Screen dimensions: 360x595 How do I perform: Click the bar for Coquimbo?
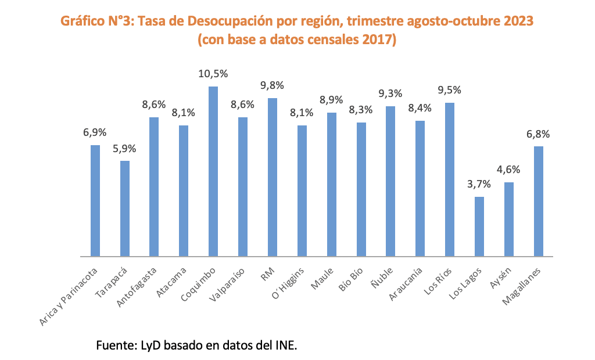click(x=213, y=171)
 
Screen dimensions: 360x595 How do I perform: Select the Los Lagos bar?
click(x=479, y=226)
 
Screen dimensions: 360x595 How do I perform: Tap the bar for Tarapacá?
click(x=124, y=208)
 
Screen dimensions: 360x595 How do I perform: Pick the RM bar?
click(x=273, y=177)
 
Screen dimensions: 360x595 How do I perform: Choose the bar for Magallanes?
click(x=538, y=201)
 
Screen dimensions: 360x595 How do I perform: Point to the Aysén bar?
click(x=508, y=219)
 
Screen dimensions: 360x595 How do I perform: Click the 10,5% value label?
click(x=213, y=74)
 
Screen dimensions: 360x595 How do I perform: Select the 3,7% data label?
click(x=479, y=185)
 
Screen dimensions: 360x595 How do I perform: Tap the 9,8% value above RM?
click(x=273, y=86)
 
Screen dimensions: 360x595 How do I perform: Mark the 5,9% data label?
click(x=124, y=149)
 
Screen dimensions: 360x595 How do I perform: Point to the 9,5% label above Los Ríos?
click(x=449, y=91)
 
